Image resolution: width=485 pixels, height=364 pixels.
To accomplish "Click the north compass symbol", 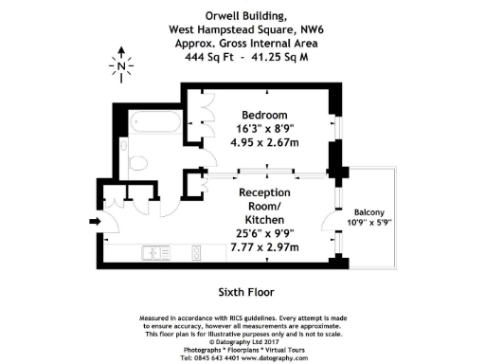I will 121,65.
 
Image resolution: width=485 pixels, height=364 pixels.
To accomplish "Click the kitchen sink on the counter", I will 153,252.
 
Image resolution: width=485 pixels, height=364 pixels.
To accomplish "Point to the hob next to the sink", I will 195,252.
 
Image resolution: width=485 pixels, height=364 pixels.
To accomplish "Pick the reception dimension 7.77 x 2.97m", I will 264,247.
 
